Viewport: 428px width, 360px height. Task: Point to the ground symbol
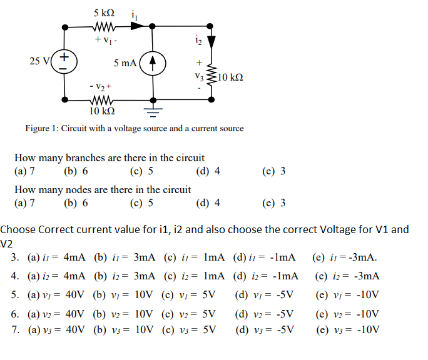(152, 112)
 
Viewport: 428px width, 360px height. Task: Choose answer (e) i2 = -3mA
(348, 276)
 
